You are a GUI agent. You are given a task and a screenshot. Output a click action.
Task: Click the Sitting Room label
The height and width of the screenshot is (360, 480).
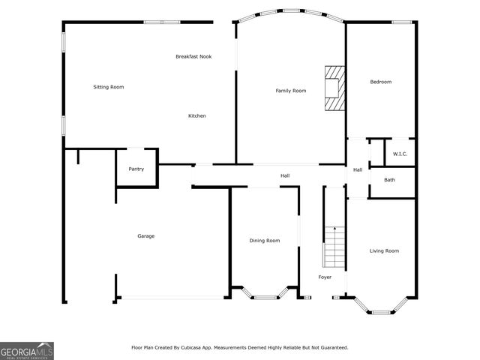tap(108, 87)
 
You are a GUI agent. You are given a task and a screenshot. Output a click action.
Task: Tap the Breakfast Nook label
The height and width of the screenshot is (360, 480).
tap(193, 56)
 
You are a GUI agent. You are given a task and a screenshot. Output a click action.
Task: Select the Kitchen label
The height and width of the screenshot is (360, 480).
tap(197, 115)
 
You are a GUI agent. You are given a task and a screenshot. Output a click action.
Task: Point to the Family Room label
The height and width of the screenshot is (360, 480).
tap(291, 91)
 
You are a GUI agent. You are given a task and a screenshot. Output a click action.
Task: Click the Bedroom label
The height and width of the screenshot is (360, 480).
tap(381, 82)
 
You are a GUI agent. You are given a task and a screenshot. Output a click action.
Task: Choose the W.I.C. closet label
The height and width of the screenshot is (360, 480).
tap(400, 154)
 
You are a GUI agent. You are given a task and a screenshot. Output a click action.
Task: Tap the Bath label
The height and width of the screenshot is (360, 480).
tap(390, 180)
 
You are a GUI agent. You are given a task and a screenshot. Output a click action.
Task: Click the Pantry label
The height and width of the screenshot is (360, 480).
tap(136, 169)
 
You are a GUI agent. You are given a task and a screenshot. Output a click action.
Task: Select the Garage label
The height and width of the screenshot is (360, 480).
tap(145, 236)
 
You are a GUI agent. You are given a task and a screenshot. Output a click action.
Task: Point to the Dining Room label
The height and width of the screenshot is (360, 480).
tap(265, 241)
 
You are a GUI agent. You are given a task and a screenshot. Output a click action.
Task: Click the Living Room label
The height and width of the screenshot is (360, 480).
tap(384, 250)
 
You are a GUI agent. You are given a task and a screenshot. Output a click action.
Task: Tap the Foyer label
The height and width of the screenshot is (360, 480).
tap(325, 277)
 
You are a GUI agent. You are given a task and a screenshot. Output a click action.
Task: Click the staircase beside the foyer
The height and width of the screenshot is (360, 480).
tap(333, 247)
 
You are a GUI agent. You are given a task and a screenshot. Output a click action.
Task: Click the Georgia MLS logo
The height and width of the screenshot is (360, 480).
tap(27, 350)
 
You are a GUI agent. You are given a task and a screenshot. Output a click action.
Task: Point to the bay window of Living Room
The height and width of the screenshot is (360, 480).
tap(382, 307)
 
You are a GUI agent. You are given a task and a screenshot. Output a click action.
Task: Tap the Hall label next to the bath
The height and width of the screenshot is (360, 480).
tap(358, 169)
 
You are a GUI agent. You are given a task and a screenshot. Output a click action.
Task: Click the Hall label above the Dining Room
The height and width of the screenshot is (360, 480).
tap(285, 176)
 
